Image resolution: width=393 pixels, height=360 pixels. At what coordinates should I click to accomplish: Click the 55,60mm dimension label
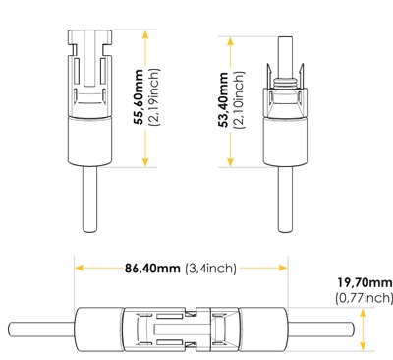pos(139,96)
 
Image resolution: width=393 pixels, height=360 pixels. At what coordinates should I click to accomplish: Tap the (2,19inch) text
pos(154,97)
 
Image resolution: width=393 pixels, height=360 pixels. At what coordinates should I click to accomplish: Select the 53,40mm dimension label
pos(224,99)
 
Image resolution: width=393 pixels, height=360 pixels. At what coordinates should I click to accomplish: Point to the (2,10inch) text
pos(239,99)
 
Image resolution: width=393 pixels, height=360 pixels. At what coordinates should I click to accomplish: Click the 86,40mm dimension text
pos(152,269)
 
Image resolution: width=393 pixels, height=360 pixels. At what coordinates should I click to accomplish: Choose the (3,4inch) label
pos(210,269)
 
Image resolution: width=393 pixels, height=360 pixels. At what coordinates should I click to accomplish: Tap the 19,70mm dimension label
pos(365,282)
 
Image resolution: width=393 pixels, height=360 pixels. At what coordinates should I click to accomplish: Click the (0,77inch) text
pos(364,298)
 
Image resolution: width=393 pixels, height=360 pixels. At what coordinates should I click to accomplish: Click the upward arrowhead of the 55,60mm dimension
pos(145,34)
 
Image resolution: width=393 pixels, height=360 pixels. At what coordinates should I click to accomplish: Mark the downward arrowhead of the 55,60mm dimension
pos(145,162)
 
